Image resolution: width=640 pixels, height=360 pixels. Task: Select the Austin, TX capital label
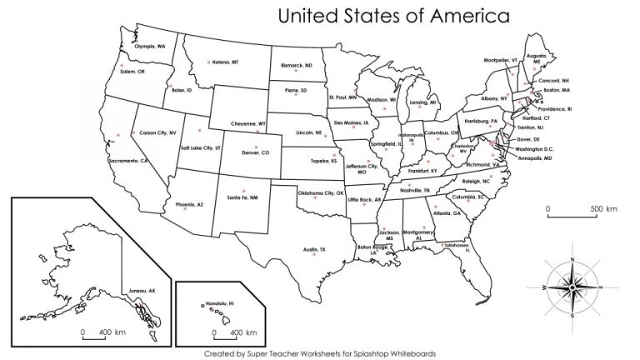314,249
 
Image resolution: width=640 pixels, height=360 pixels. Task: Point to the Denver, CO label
255,153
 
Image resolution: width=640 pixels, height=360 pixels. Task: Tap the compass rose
572,287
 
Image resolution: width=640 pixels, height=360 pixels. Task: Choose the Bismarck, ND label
296,65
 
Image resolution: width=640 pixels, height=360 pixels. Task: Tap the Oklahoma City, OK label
322,193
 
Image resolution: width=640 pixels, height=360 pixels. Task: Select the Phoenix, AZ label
189,204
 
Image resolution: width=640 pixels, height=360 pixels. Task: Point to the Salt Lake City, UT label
200,147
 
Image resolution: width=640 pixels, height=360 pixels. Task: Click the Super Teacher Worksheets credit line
320,352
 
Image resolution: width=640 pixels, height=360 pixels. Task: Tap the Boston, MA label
556,90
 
